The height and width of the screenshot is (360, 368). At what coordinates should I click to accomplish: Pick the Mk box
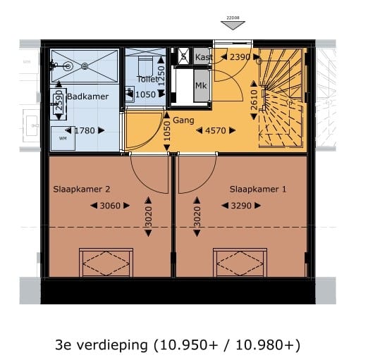(x=201, y=86)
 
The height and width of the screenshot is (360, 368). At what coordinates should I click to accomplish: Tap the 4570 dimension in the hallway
(x=221, y=130)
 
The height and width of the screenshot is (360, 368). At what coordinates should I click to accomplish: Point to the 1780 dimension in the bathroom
(x=85, y=130)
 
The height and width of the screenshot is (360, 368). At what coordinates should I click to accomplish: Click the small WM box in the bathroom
(x=63, y=137)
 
